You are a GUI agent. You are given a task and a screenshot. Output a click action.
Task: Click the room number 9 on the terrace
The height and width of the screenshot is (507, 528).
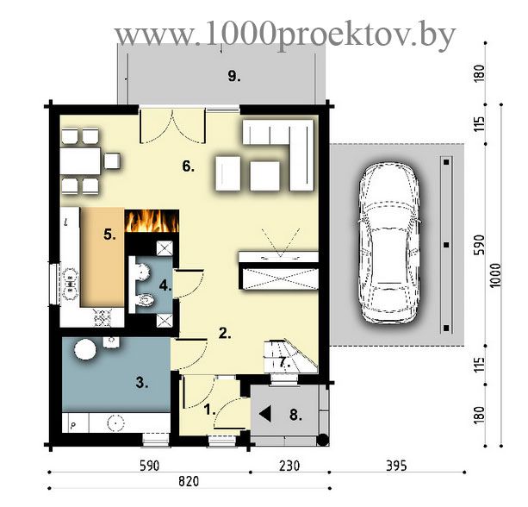[234, 76]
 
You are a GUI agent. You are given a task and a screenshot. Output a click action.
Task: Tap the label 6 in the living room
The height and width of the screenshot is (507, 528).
[189, 166]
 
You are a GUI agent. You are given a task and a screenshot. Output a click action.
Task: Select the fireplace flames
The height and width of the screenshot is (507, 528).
[152, 221]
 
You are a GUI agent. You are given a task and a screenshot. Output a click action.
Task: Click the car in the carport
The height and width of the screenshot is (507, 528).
[389, 244]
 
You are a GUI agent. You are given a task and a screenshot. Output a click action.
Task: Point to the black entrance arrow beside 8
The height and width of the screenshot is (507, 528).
[265, 414]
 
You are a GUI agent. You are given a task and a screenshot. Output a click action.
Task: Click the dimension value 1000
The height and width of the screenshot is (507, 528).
[495, 276]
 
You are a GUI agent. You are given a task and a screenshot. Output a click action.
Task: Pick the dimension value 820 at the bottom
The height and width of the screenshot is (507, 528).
[189, 481]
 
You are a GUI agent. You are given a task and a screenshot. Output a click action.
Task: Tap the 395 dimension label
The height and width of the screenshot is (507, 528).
[396, 466]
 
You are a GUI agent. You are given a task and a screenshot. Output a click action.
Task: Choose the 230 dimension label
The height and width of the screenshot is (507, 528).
[289, 466]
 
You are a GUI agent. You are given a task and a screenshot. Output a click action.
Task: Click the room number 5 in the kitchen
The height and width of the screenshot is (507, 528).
[109, 235]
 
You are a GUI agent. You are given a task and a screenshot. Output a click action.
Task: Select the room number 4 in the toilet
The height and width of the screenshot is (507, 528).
[165, 286]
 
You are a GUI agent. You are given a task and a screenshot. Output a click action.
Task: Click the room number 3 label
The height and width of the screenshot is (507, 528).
[142, 383]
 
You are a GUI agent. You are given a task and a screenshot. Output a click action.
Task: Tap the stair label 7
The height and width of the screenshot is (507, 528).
[284, 362]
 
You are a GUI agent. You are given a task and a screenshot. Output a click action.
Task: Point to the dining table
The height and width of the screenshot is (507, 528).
[80, 160]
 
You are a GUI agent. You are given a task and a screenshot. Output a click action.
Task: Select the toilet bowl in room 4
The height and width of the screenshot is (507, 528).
[146, 299]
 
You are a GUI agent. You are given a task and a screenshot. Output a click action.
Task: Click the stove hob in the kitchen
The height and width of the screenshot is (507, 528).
[102, 318]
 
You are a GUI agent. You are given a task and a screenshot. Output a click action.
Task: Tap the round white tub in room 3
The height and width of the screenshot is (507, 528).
[85, 349]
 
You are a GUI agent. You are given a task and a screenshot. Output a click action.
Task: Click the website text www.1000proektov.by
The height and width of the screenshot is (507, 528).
[285, 34]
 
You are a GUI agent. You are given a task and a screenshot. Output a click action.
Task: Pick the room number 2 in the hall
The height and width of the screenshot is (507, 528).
[225, 334]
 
